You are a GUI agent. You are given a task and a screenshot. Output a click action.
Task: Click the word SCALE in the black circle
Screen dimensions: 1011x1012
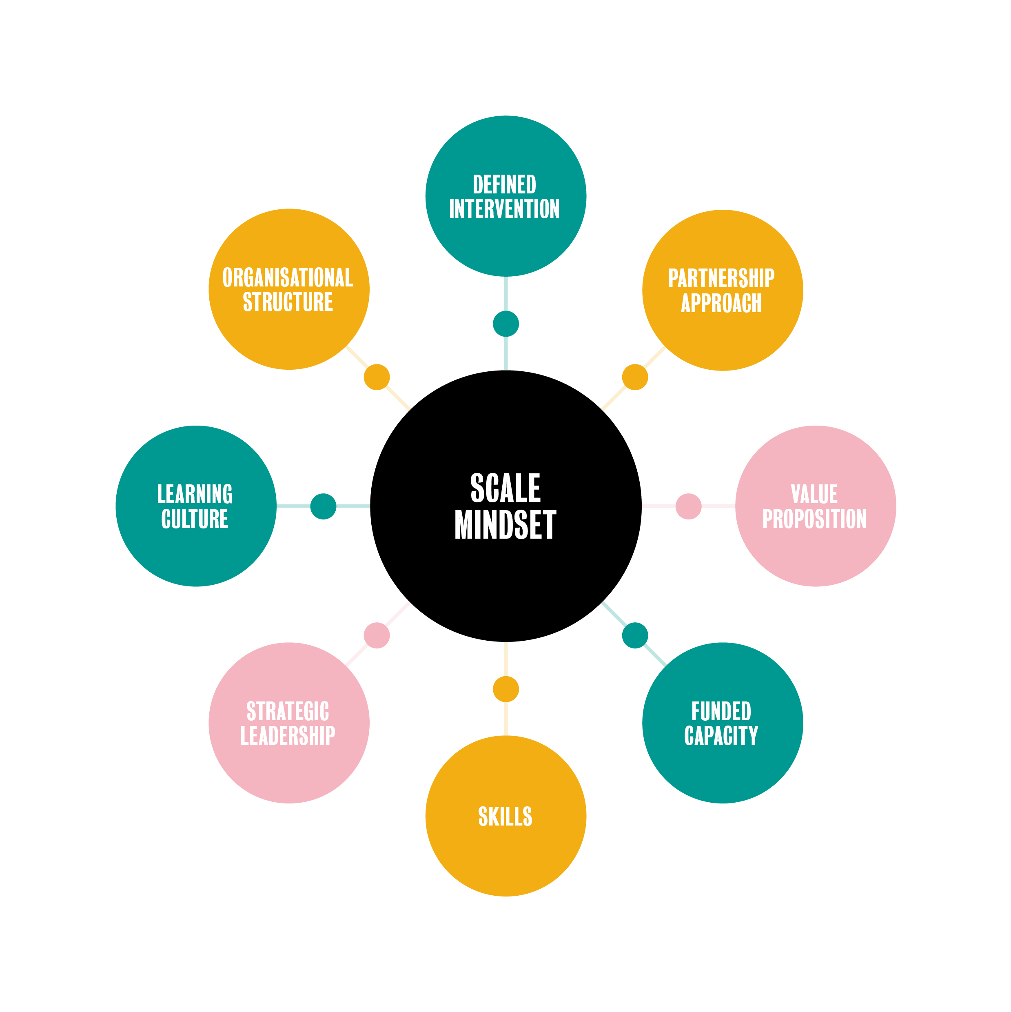point(505,487)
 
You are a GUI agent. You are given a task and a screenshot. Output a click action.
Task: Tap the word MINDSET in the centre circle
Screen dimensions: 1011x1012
point(505,524)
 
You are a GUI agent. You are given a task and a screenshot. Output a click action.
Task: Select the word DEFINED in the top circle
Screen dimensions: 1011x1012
point(504,184)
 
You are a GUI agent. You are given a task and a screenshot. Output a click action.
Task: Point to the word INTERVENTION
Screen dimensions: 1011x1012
point(504,209)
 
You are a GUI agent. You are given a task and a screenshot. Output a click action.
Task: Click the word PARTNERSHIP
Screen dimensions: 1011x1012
point(721,278)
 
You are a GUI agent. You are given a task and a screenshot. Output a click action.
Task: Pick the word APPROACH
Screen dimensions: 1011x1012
point(721,303)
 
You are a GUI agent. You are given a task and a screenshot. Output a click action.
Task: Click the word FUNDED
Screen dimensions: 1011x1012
point(721,711)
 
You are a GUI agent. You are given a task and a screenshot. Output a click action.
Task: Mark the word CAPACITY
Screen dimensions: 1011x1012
point(721,735)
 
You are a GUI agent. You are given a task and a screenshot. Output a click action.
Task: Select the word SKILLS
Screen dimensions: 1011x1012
point(505,816)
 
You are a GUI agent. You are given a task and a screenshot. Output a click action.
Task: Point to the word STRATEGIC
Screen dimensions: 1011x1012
point(288,711)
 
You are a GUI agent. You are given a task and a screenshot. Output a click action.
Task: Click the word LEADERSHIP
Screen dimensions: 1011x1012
point(288,735)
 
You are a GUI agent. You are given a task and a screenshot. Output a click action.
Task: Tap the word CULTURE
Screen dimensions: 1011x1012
point(195,519)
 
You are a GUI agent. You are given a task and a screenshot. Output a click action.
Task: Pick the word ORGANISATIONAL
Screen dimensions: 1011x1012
point(288,277)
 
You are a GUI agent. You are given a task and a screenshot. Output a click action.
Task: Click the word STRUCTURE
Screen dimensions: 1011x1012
point(288,302)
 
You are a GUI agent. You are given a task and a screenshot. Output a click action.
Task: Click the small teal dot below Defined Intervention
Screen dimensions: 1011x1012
point(505,324)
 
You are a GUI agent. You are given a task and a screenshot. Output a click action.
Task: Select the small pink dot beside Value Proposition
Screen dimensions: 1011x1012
point(688,506)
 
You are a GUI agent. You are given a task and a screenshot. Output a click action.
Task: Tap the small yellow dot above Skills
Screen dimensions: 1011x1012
point(505,689)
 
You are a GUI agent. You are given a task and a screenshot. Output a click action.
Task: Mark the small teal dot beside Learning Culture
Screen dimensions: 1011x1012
point(323,506)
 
